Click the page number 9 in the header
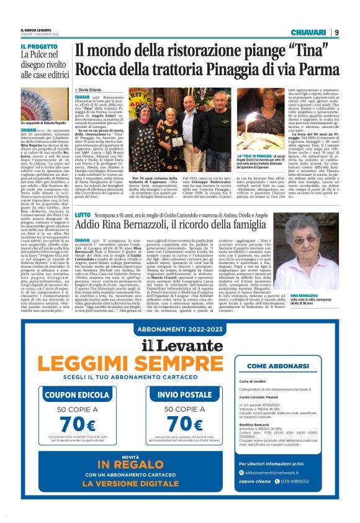[336, 32]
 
